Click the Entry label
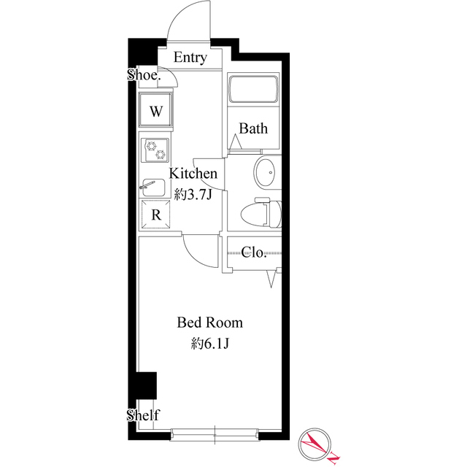pos(190,58)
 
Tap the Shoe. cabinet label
pos(144,74)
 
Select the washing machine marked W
pos(155,112)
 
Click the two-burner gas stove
pos(155,150)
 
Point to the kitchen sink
pos(153,188)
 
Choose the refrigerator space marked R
pos(155,215)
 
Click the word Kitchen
pos(193,174)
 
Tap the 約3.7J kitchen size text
pos(193,195)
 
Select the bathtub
pos(253,89)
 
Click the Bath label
pos(253,128)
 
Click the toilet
pos(261,213)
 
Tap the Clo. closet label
pos(253,252)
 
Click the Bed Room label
pos(210,323)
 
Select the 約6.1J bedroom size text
pos(210,344)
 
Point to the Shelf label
pos(143,414)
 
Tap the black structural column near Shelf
pos(146,385)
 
